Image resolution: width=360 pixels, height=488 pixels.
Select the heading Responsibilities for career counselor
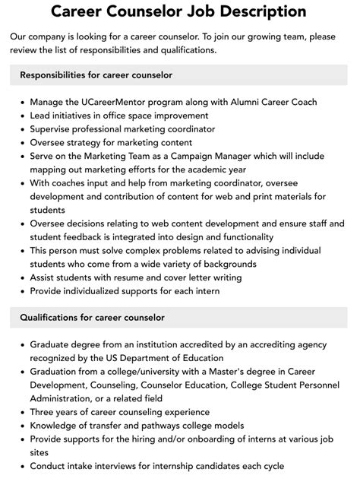(x=96, y=75)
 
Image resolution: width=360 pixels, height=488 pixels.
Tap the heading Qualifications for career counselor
(x=92, y=317)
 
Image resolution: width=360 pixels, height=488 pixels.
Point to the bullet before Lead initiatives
(x=21, y=116)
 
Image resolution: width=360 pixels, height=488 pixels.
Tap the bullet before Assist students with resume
(x=21, y=277)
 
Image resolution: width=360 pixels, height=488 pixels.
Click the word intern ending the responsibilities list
(x=205, y=291)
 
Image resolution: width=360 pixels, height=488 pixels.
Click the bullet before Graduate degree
(x=21, y=344)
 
